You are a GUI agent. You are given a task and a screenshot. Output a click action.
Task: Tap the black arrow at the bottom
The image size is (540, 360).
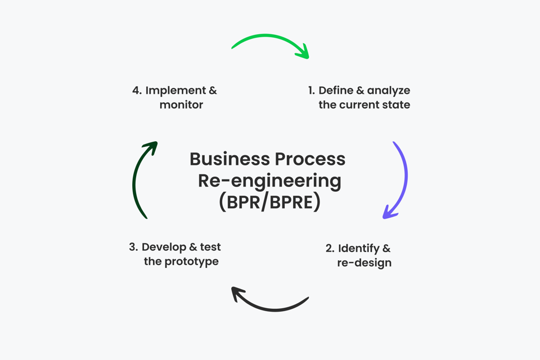click(273, 307)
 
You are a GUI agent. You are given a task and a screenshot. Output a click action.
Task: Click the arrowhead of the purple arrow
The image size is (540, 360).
click(388, 214)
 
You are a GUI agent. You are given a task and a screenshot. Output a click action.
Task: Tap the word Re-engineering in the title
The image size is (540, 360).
click(269, 181)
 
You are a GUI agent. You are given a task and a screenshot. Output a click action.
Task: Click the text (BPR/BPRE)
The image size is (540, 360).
click(269, 202)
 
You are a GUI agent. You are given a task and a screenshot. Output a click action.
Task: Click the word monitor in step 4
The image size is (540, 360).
click(181, 105)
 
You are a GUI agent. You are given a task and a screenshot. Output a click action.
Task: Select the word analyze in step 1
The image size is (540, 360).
click(389, 91)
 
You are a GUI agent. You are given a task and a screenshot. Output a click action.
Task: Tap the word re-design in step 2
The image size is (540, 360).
click(364, 263)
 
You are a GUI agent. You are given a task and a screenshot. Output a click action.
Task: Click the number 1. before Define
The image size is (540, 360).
click(312, 91)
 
